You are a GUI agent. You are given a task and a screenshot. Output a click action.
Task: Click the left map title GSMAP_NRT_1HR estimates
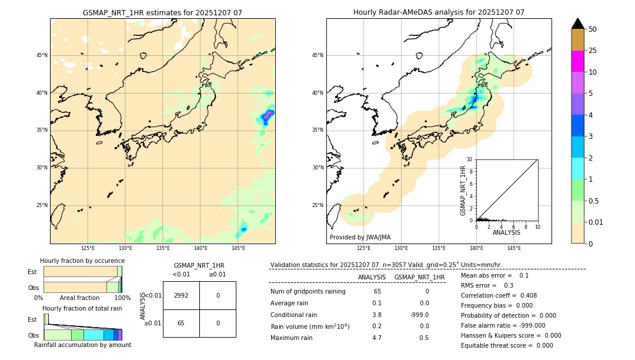(162, 12)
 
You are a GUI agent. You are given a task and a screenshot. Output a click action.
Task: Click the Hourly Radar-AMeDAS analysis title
(439, 12)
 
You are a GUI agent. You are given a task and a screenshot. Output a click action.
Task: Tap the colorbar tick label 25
(593, 51)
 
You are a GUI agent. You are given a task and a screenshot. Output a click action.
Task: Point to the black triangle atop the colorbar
(578, 24)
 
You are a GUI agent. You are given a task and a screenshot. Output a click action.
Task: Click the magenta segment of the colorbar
(578, 61)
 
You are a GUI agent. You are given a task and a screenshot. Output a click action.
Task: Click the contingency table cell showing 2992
(181, 295)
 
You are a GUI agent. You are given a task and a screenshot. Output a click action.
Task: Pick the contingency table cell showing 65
(181, 323)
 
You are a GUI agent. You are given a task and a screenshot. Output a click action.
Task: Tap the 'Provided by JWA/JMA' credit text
(360, 237)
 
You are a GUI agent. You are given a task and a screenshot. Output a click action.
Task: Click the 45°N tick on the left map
(42, 55)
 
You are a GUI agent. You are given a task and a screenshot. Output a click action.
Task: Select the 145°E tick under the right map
(514, 248)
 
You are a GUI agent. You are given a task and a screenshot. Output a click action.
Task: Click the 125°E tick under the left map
(88, 248)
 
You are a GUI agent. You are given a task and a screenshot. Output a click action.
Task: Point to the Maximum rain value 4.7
(377, 338)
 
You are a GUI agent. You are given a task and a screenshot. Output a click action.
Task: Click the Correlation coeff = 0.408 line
(499, 295)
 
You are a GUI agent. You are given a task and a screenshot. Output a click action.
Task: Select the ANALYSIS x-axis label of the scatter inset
(506, 233)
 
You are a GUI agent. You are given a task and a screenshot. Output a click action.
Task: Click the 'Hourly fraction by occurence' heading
(82, 261)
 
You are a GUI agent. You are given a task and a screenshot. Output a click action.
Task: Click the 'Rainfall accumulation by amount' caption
(82, 345)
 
